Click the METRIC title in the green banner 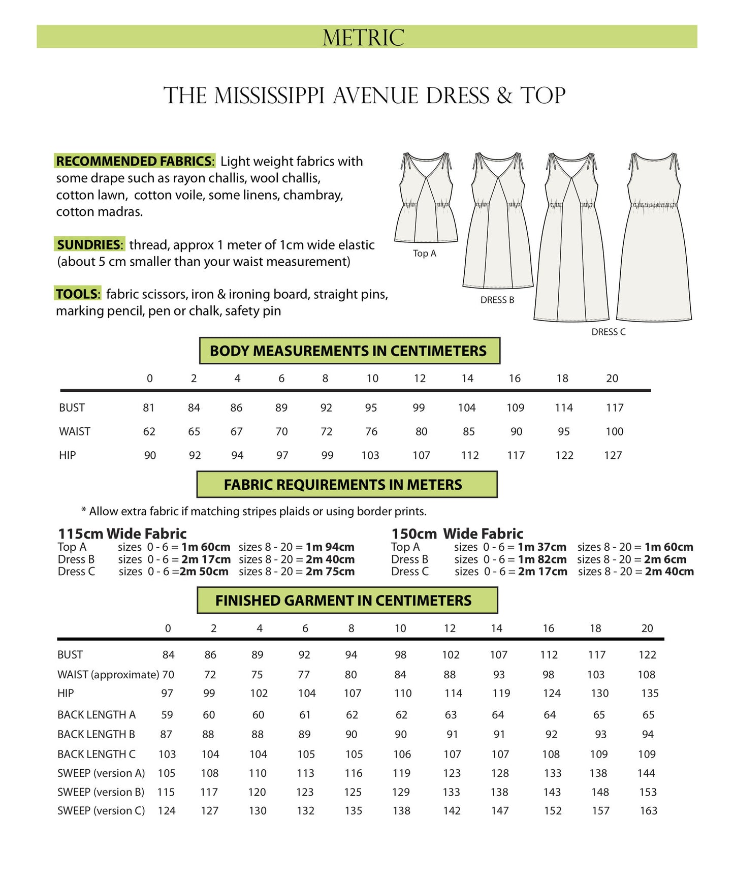click(x=363, y=38)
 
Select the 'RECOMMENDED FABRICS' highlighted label click(x=135, y=161)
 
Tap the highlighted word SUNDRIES click(x=89, y=244)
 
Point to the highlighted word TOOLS click(x=78, y=294)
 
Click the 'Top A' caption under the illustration click(x=424, y=253)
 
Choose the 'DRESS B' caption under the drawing click(x=497, y=300)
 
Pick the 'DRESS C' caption click(x=608, y=332)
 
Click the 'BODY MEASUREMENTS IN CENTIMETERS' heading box click(x=349, y=351)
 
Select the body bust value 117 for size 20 click(x=614, y=407)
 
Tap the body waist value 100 click(x=614, y=431)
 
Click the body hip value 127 click(x=613, y=455)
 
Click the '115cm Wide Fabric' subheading click(x=122, y=533)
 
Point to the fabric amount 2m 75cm click(x=330, y=572)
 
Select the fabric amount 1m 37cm click(x=541, y=547)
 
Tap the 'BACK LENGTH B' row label click(x=96, y=734)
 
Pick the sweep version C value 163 click(x=648, y=811)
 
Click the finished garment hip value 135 click(x=650, y=693)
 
